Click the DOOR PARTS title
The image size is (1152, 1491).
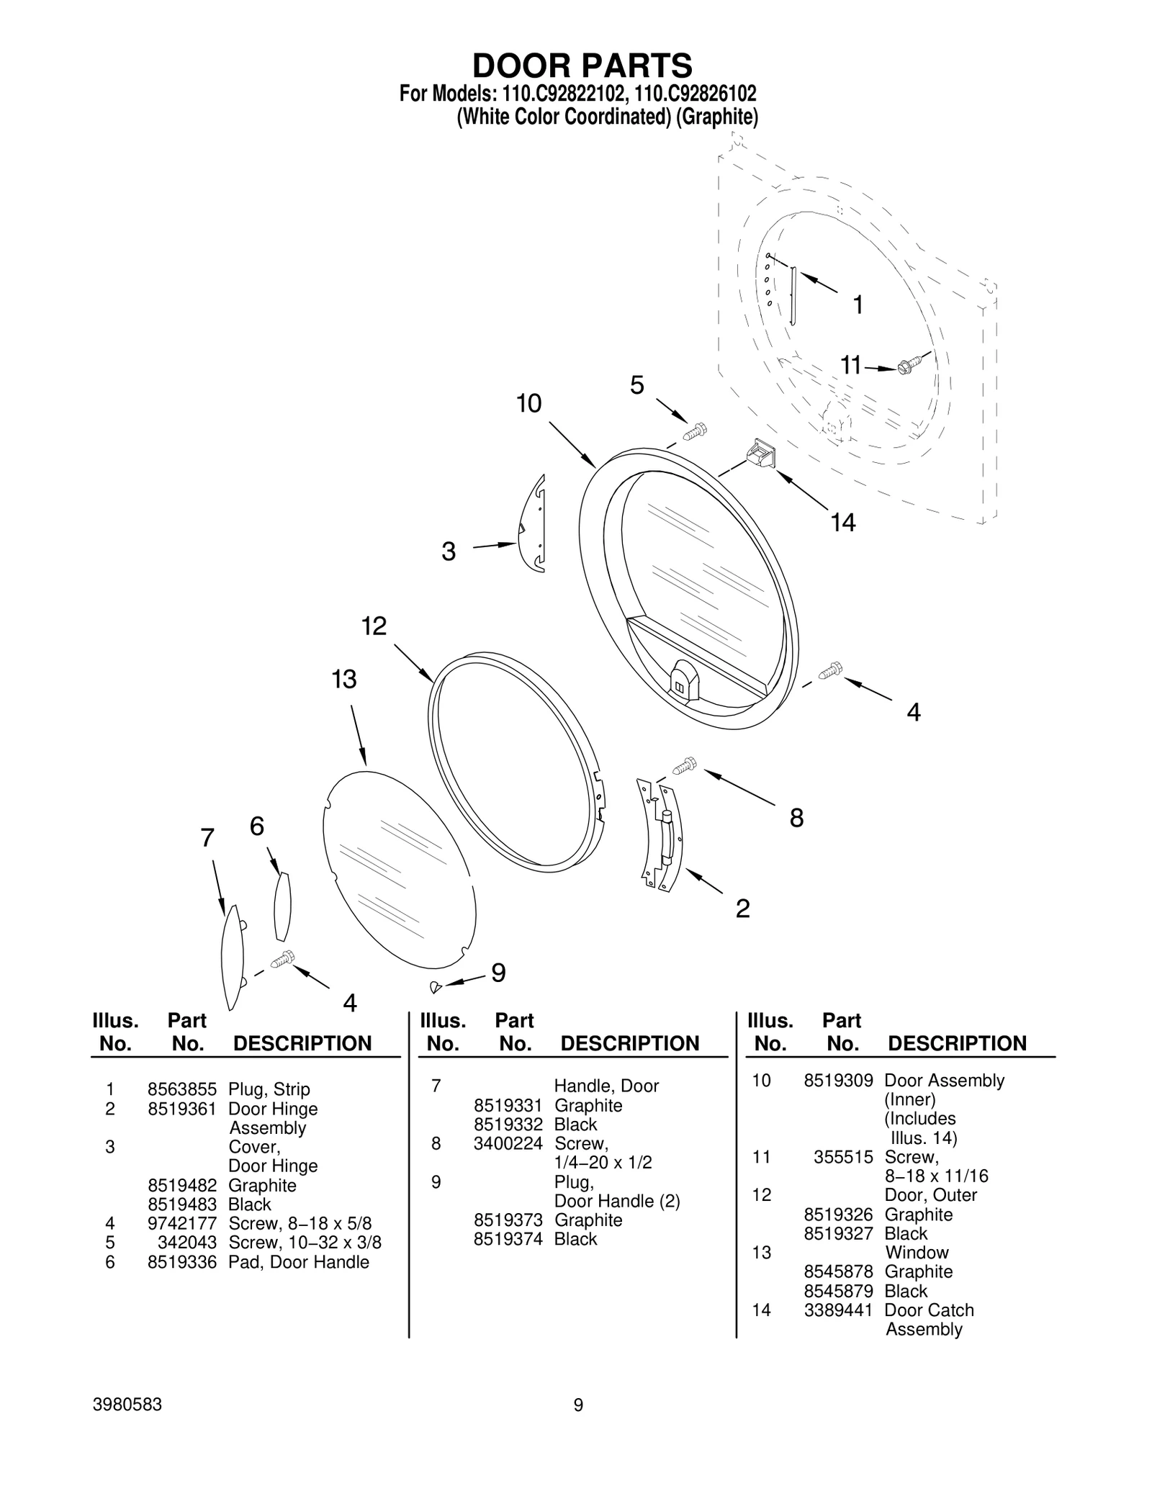click(x=582, y=66)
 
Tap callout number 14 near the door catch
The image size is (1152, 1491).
click(x=842, y=522)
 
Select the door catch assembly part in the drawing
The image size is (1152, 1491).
click(x=760, y=455)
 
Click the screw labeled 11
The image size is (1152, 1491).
click(x=909, y=366)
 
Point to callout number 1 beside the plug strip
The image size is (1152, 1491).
click(x=857, y=305)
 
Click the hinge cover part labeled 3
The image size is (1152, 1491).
click(x=534, y=525)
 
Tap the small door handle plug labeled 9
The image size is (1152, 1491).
click(x=434, y=987)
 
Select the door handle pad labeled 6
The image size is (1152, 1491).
click(x=282, y=906)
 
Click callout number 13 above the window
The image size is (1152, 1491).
click(x=344, y=679)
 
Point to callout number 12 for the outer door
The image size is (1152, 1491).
click(x=374, y=626)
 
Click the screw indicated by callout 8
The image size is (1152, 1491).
click(x=685, y=765)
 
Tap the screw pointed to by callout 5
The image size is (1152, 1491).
click(x=696, y=431)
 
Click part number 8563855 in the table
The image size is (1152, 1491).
click(x=181, y=1089)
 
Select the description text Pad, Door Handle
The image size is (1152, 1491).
click(x=298, y=1262)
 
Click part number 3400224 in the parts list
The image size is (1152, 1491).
click(x=508, y=1143)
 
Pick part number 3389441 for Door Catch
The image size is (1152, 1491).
click(x=838, y=1310)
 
